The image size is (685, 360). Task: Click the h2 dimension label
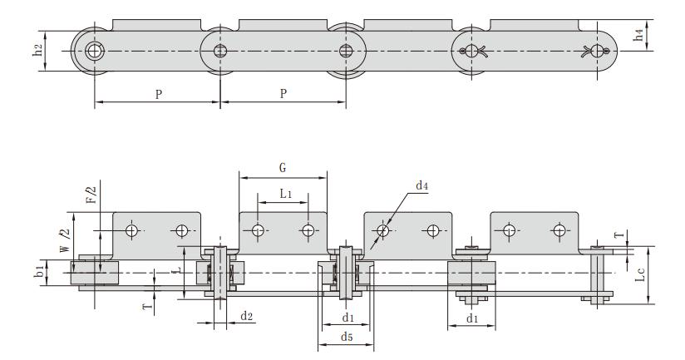click(49, 51)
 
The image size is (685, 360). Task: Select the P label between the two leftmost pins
click(158, 93)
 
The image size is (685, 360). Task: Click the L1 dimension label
click(285, 193)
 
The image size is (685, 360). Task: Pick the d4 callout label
click(421, 186)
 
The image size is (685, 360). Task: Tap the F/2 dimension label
click(91, 195)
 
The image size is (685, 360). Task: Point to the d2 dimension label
click(246, 316)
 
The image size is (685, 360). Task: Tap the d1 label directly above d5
click(348, 317)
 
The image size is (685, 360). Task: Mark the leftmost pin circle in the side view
click(94, 51)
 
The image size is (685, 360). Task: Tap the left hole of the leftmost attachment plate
click(131, 230)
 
